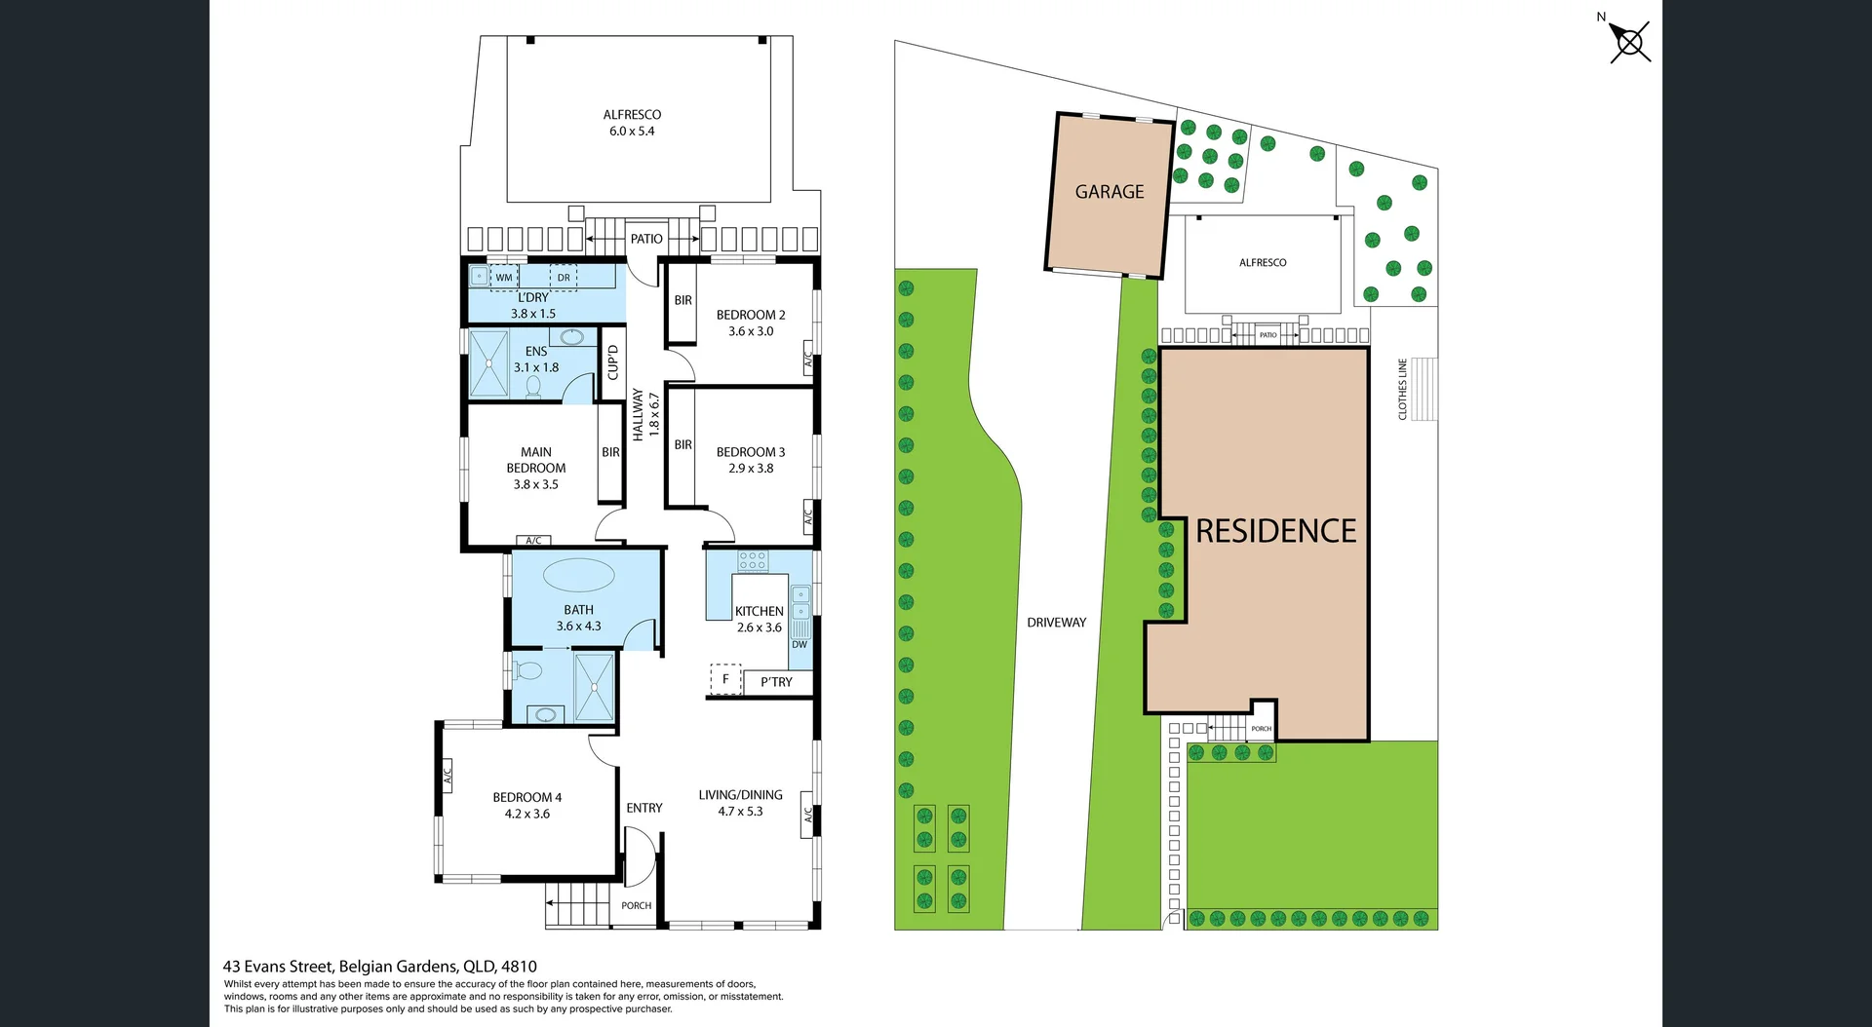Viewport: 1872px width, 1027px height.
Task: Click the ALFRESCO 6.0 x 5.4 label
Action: pyautogui.click(x=632, y=123)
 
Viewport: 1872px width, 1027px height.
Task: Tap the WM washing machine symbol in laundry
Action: pyautogui.click(x=504, y=278)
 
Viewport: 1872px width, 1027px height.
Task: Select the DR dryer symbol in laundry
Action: pyautogui.click(x=564, y=278)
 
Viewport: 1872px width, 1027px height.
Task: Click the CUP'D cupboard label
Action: pyautogui.click(x=612, y=361)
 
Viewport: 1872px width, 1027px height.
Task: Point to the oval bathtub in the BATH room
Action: pyautogui.click(x=578, y=575)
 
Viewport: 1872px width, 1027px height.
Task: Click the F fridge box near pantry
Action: pyautogui.click(x=725, y=679)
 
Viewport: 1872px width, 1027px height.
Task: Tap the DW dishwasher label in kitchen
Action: pyautogui.click(x=799, y=645)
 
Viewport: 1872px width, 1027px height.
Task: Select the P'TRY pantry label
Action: pyautogui.click(x=776, y=682)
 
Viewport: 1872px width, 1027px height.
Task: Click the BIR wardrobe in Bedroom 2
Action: pyautogui.click(x=682, y=301)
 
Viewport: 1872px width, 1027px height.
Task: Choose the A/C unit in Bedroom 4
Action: pyautogui.click(x=448, y=776)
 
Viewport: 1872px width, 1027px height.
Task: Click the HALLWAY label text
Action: pyautogui.click(x=638, y=414)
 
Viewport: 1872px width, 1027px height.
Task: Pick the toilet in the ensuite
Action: pyautogui.click(x=533, y=387)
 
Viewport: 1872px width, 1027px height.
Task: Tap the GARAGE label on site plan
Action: pyautogui.click(x=1110, y=192)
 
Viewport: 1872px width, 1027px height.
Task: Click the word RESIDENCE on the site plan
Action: pyautogui.click(x=1275, y=531)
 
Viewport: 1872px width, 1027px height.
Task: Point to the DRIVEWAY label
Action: pyautogui.click(x=1056, y=623)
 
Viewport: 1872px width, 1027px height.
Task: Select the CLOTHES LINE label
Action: pyautogui.click(x=1402, y=389)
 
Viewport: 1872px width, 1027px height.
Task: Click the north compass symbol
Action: pyautogui.click(x=1629, y=42)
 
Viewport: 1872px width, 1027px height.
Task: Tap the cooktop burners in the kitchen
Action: pyautogui.click(x=753, y=560)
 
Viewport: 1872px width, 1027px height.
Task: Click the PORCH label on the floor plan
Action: pyautogui.click(x=636, y=906)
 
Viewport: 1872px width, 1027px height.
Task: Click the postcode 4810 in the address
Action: pyautogui.click(x=519, y=967)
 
